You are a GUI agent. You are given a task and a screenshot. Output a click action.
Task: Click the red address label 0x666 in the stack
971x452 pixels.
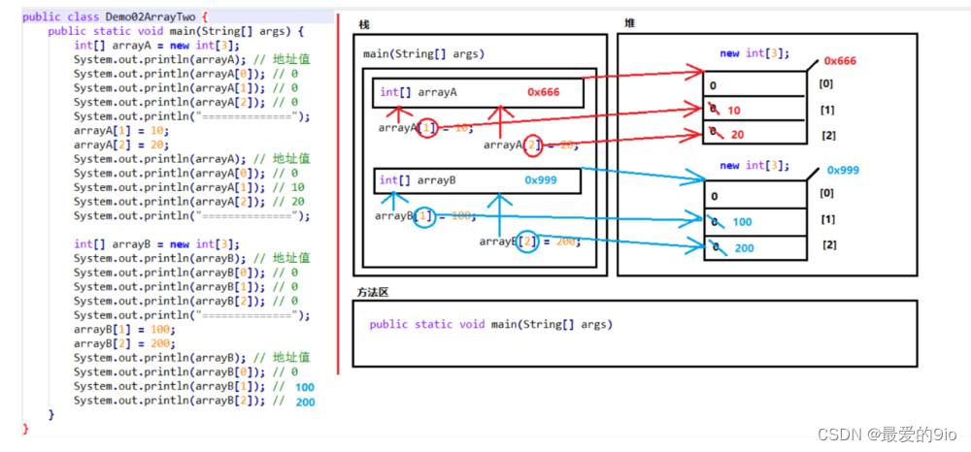point(544,92)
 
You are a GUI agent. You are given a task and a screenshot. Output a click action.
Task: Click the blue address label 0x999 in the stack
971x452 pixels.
point(541,180)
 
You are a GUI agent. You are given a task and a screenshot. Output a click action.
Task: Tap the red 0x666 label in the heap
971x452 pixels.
point(840,61)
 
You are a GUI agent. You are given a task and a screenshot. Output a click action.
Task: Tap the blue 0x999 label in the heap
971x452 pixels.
point(843,170)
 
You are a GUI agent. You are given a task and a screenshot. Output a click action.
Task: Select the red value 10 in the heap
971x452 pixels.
point(734,111)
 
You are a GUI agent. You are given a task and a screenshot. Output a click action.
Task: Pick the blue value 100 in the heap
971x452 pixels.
point(742,222)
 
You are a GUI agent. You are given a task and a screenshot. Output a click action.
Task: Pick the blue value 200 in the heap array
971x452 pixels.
point(744,248)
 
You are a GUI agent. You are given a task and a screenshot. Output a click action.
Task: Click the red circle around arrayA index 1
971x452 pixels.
point(427,127)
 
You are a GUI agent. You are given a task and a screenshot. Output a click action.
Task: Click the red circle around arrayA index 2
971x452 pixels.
point(533,145)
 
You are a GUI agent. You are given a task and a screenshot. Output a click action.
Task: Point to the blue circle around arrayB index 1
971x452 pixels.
point(424,216)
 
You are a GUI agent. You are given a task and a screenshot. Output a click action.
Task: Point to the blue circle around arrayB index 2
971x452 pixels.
point(526,241)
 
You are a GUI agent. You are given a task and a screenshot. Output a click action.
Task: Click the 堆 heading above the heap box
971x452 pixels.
point(631,22)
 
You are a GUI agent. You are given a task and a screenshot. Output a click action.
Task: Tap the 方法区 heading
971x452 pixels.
point(373,292)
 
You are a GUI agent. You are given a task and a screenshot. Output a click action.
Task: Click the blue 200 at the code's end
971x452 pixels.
point(305,402)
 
